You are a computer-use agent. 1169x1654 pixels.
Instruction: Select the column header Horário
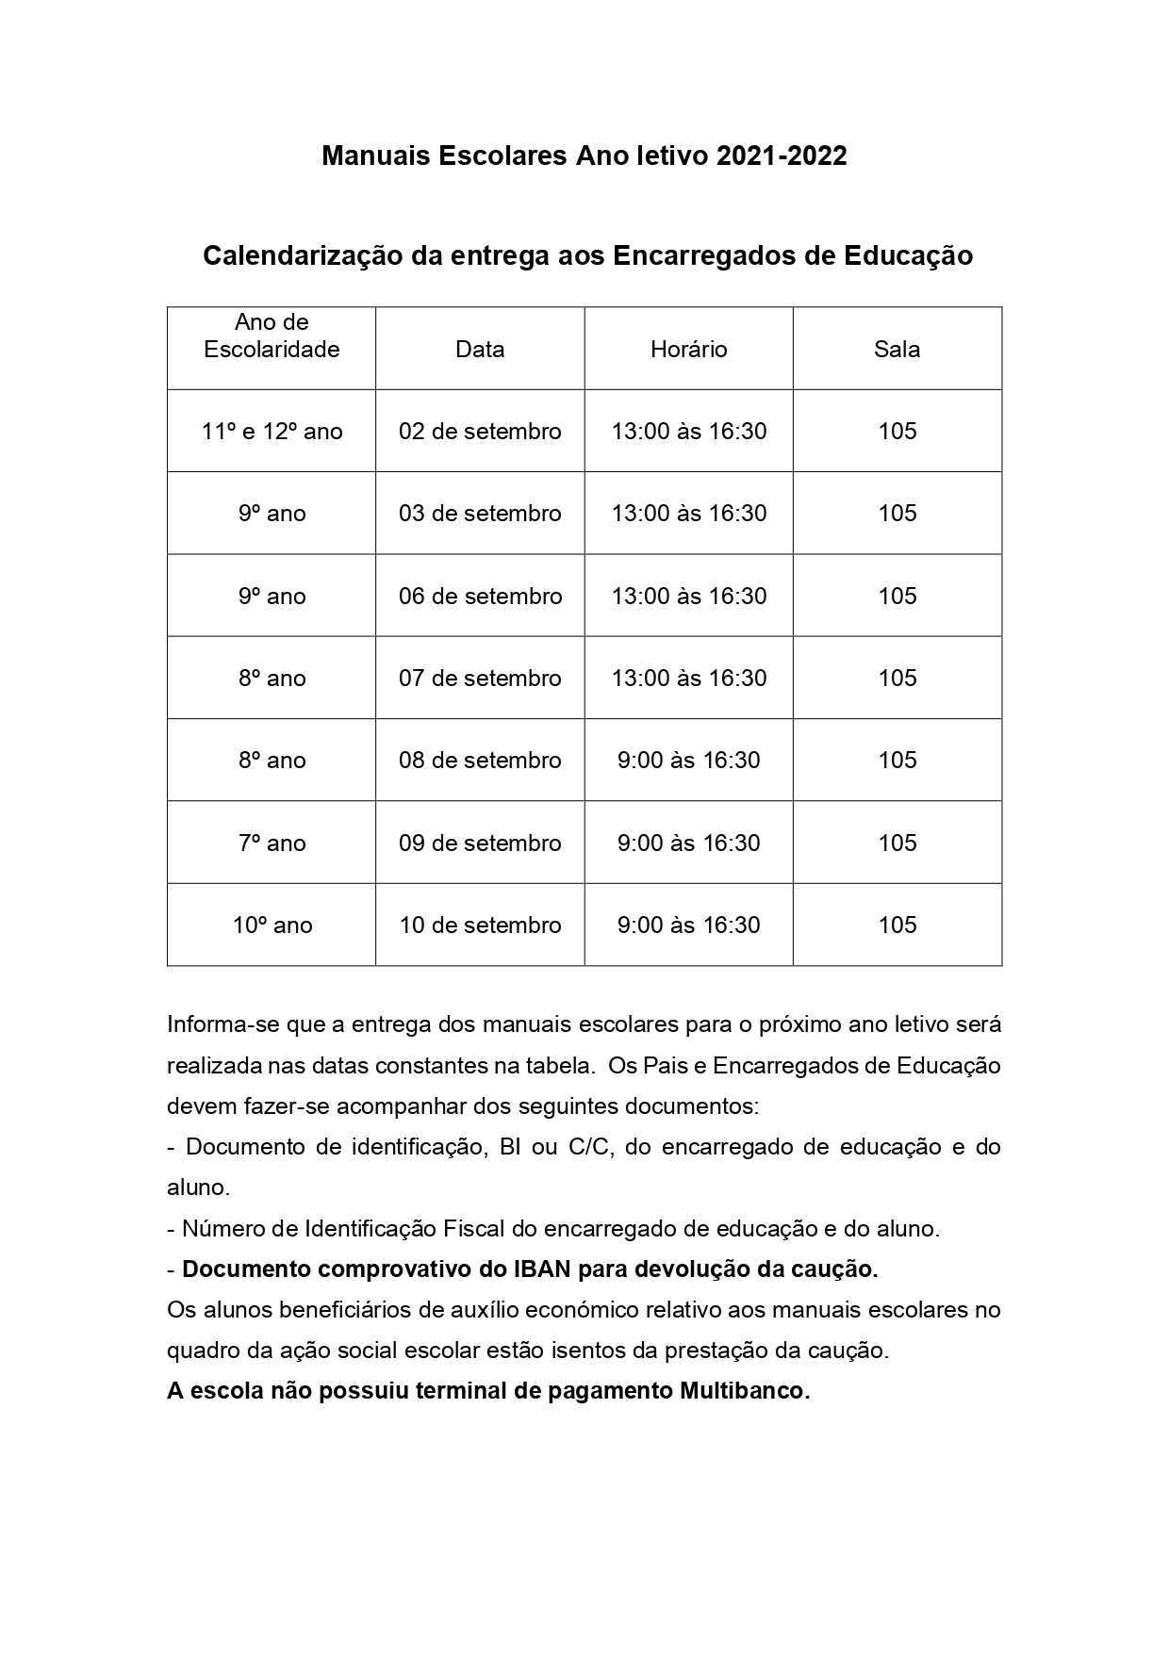[x=688, y=350]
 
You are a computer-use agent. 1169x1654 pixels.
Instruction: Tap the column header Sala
[x=897, y=350]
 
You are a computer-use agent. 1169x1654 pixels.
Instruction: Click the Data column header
[x=480, y=350]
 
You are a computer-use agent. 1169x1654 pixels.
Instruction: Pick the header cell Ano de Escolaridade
[x=272, y=336]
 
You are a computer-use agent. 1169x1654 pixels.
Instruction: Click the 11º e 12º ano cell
[x=272, y=432]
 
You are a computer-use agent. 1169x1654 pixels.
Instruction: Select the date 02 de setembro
[x=480, y=432]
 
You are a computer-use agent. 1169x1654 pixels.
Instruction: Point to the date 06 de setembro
[x=480, y=597]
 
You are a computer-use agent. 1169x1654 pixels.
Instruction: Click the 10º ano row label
[x=272, y=925]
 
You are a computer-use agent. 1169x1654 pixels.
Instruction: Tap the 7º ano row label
[x=272, y=843]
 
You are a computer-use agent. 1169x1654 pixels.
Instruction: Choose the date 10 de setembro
[x=480, y=925]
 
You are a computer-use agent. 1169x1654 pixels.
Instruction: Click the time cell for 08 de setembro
[x=688, y=761]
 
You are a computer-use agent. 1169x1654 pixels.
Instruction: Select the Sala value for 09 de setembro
[x=897, y=843]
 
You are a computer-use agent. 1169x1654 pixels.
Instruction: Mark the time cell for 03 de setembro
[x=688, y=514]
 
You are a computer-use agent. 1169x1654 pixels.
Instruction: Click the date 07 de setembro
[x=480, y=679]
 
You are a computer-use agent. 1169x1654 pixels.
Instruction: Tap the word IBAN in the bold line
[x=541, y=1269]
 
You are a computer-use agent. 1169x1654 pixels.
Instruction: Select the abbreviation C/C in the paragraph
[x=591, y=1147]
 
